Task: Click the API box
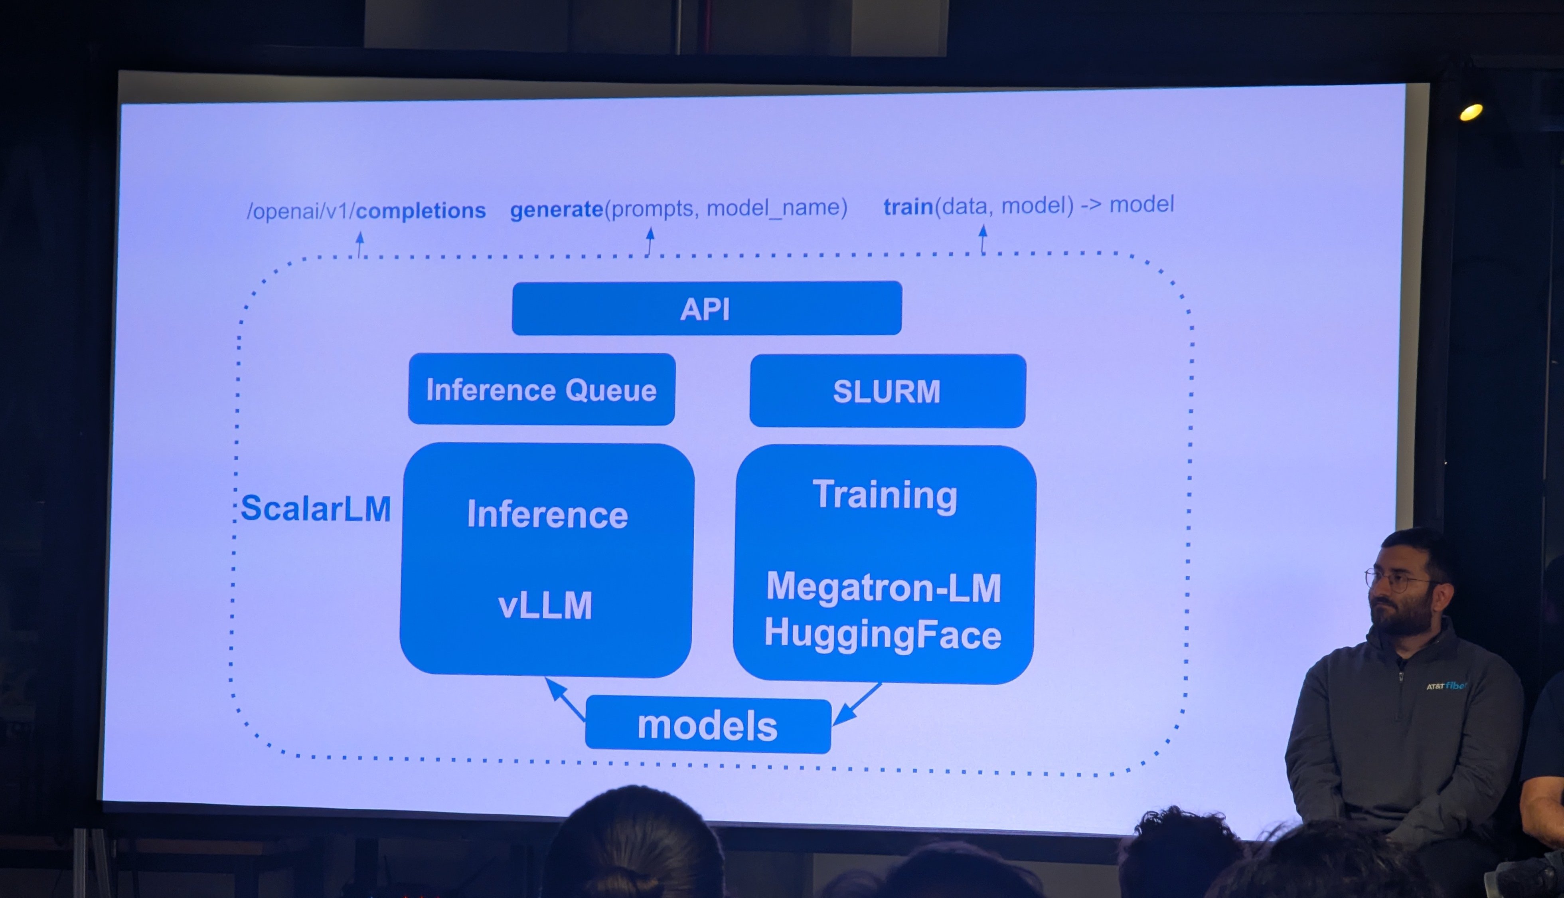(707, 309)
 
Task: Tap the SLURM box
(887, 391)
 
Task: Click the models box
(708, 725)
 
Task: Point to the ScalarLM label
(316, 509)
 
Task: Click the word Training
(885, 495)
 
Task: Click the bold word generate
(556, 209)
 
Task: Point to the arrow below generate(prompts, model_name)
(650, 241)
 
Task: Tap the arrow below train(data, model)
(983, 239)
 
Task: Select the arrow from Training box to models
(857, 704)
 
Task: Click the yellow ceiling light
(1471, 112)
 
